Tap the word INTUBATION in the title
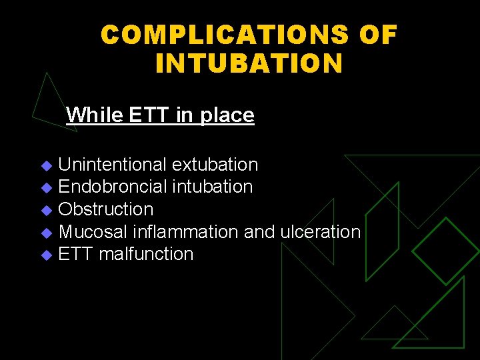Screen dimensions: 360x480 pyautogui.click(x=249, y=63)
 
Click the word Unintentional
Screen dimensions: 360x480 pyautogui.click(x=112, y=164)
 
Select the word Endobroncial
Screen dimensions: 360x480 pyautogui.click(x=113, y=187)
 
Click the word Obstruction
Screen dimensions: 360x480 pyautogui.click(x=106, y=209)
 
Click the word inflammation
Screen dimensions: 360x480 pyautogui.click(x=185, y=232)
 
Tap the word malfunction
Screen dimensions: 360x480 pyautogui.click(x=146, y=254)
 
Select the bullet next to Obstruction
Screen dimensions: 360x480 pyautogui.click(x=46, y=210)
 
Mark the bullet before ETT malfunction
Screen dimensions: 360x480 pyautogui.click(x=46, y=255)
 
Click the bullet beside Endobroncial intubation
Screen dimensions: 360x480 pyautogui.click(x=46, y=187)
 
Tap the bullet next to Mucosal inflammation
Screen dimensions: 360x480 pyautogui.click(x=46, y=233)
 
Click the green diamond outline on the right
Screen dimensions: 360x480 pyautogui.click(x=445, y=250)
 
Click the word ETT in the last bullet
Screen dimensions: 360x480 pyautogui.click(x=75, y=254)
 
